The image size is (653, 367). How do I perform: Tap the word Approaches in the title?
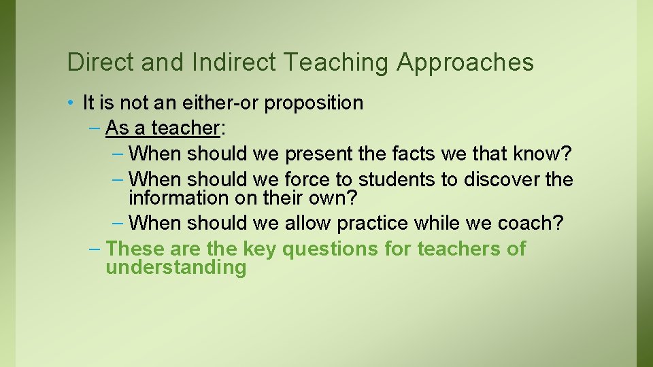coord(465,63)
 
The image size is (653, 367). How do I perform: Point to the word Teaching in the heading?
coord(336,63)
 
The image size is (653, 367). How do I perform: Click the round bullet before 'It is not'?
coord(71,103)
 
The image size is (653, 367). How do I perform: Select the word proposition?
coord(314,104)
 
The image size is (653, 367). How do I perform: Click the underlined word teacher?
coord(183,128)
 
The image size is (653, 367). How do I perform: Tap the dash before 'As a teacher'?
coord(96,128)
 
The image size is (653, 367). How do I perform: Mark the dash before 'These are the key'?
coord(96,249)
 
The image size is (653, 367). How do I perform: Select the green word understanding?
coord(175,267)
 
